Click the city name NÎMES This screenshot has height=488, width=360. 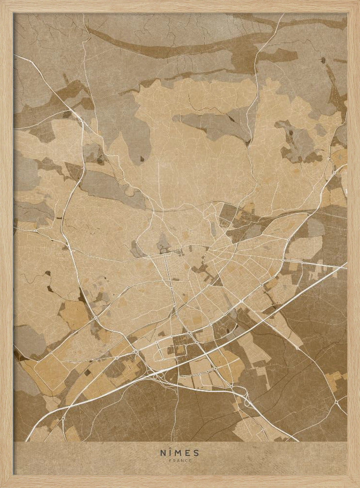coord(180,453)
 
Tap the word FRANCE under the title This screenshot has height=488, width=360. coord(180,460)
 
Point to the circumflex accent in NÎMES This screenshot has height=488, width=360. coord(171,449)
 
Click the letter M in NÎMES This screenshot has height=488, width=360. coord(179,453)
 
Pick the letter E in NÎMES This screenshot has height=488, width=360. coord(188,453)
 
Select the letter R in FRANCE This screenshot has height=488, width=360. coord(174,460)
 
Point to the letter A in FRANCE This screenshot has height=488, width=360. coord(178,460)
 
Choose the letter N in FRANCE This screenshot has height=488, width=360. coord(182,460)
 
